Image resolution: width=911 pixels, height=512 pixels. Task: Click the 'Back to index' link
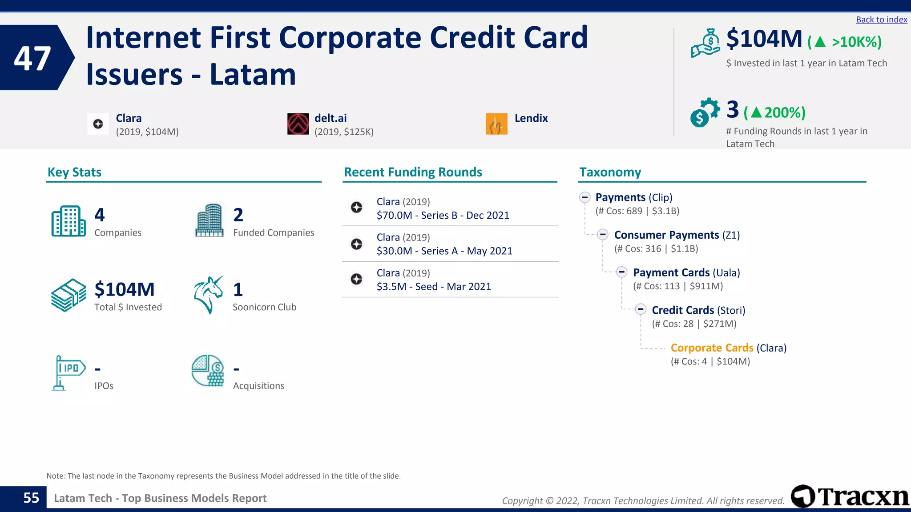[881, 20]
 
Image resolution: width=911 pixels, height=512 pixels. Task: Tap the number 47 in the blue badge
[32, 58]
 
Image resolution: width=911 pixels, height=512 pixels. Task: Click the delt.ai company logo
[298, 124]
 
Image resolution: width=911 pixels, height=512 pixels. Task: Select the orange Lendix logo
[496, 124]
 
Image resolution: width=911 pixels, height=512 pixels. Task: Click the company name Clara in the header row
[129, 118]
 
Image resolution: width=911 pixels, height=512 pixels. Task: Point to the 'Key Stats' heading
[74, 172]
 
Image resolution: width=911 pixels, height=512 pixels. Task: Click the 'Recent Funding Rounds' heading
[413, 172]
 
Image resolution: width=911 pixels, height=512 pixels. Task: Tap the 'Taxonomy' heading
[610, 172]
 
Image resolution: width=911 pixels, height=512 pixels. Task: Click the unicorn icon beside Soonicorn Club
[208, 295]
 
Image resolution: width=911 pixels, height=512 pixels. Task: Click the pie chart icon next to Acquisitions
[208, 371]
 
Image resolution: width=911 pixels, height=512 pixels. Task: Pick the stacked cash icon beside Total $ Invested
[69, 295]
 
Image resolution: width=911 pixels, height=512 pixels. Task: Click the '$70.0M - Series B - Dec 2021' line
[443, 216]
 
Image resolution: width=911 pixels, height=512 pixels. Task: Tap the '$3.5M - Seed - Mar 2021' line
[434, 287]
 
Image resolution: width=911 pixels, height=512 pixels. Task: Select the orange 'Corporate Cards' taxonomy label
[712, 348]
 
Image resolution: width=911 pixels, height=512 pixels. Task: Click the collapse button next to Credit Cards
[641, 309]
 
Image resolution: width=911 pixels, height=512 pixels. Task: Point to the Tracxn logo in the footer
[850, 496]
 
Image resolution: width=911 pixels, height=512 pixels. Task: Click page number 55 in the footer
[31, 498]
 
